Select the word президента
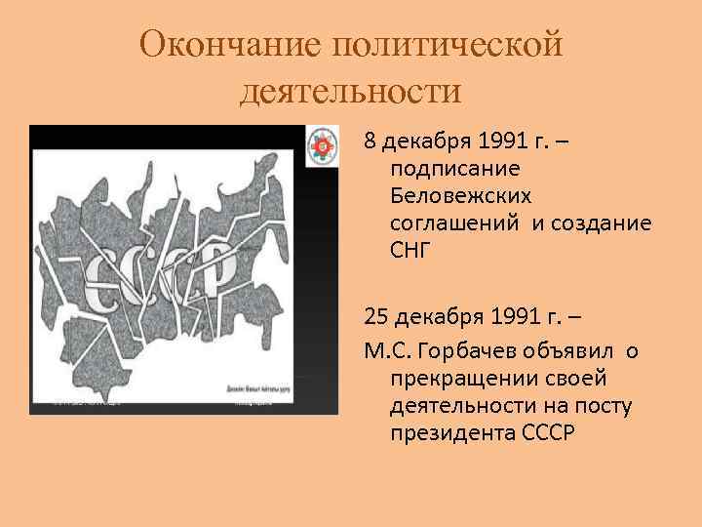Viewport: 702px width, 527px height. click(447, 431)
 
